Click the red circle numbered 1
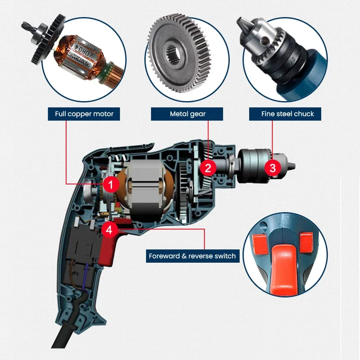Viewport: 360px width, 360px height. [x=111, y=184]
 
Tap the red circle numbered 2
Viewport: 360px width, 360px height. [x=208, y=168]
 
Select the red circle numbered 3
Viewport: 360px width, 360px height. [x=273, y=168]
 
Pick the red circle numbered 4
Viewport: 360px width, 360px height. [x=110, y=229]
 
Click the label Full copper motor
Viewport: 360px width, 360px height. [x=84, y=114]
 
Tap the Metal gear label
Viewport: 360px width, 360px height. [x=187, y=114]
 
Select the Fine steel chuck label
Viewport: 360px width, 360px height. [x=285, y=114]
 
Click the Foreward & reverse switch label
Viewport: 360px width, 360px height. [x=192, y=256]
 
